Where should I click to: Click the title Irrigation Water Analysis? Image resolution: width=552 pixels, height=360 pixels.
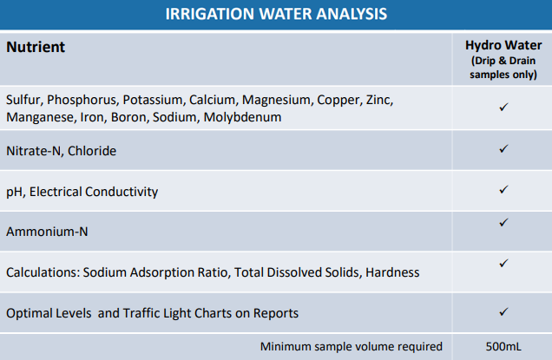[x=276, y=14]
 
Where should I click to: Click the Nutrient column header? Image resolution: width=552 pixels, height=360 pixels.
[x=36, y=47]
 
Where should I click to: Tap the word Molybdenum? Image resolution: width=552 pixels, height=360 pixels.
[x=242, y=117]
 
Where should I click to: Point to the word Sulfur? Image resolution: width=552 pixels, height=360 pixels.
[x=24, y=100]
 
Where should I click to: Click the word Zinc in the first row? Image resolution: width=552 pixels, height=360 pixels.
[x=379, y=100]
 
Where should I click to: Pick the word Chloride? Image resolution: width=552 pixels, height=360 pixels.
[x=92, y=151]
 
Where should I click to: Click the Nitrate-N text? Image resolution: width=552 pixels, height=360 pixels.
[x=35, y=151]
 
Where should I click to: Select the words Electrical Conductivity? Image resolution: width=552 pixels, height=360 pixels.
[x=94, y=192]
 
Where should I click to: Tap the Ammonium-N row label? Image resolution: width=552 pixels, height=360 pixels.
[x=47, y=232]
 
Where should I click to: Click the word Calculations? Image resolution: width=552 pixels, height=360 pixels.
[x=43, y=272]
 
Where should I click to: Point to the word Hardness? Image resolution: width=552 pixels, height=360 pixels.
[x=392, y=272]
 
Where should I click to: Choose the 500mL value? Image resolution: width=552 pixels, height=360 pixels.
[x=503, y=347]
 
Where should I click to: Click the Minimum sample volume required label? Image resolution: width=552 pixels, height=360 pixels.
[x=352, y=347]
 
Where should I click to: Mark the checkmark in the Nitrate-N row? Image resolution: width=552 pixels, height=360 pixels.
[x=503, y=148]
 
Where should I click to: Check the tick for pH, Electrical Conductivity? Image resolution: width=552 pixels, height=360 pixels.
[x=503, y=189]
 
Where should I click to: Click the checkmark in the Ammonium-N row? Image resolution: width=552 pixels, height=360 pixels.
[x=503, y=222]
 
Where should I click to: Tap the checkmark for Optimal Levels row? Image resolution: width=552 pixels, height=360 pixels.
[x=503, y=311]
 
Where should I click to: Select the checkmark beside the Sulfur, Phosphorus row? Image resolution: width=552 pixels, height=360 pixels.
[x=503, y=107]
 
